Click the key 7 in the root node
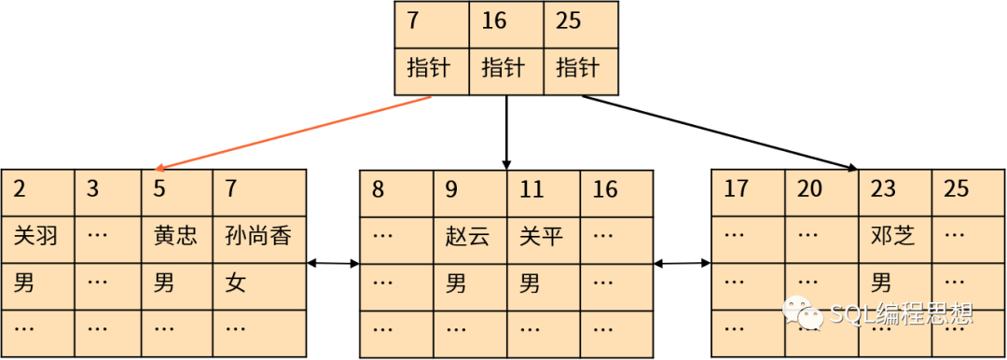413,21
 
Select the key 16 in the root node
494,21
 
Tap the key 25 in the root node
569,21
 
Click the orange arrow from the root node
294,133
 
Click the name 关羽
36,237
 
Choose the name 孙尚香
258,237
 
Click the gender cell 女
236,284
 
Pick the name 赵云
467,237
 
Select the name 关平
542,237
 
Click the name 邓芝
892,237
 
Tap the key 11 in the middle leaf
531,189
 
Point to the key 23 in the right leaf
882,189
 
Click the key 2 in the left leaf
20,189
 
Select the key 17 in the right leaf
736,189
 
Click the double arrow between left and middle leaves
333,263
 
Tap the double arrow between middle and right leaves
683,263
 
